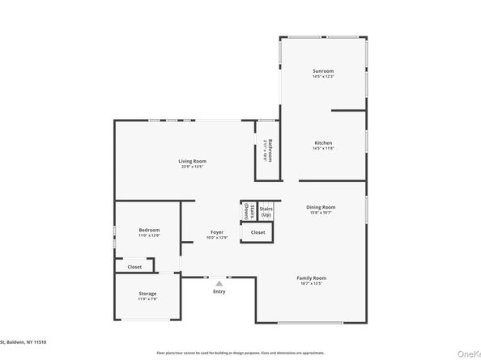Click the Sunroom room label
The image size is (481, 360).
click(323, 71)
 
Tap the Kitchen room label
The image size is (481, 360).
click(323, 143)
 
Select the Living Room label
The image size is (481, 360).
click(192, 161)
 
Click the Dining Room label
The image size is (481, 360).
click(321, 207)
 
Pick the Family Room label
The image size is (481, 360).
click(312, 277)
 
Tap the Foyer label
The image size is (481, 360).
click(217, 232)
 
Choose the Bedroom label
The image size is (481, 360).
click(149, 230)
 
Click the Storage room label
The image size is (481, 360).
click(147, 293)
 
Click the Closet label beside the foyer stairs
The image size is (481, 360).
click(258, 233)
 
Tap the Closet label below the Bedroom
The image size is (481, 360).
click(134, 266)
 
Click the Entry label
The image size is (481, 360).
click(219, 291)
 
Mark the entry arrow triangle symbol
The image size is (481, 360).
click(219, 282)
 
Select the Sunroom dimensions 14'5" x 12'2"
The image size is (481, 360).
click(323, 77)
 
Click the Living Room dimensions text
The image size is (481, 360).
click(192, 167)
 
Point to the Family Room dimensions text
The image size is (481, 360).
click(312, 283)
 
